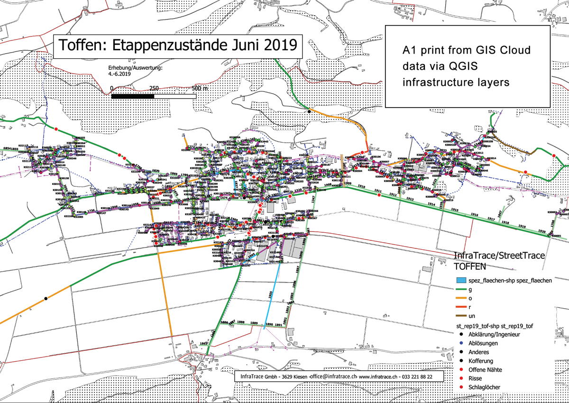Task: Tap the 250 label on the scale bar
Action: click(154, 89)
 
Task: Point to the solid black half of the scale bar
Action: click(133, 96)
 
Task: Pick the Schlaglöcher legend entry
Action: click(484, 387)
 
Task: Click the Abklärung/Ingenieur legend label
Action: click(495, 334)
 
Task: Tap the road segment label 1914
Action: click(431, 204)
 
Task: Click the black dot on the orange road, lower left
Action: click(46, 298)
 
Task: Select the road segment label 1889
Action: click(254, 323)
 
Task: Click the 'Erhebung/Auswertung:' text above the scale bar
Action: click(136, 68)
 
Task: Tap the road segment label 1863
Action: click(204, 343)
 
